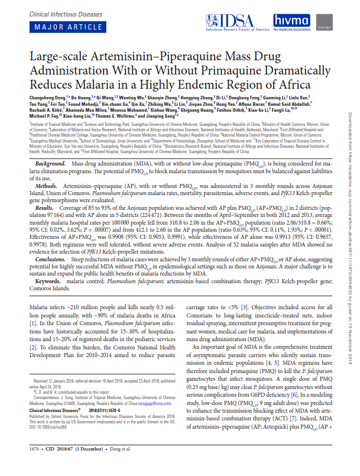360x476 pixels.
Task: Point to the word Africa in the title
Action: [x=287, y=84]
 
